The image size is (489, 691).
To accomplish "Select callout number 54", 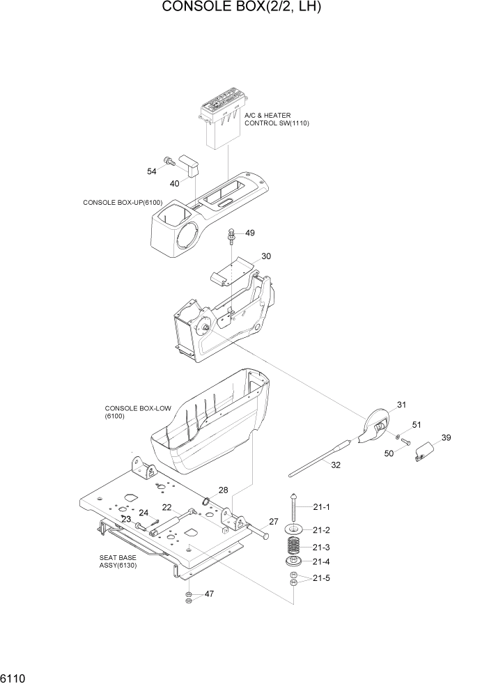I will (x=151, y=171).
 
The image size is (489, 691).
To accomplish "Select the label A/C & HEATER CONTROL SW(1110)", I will (x=276, y=119).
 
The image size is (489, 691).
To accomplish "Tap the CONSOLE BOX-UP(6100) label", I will (x=123, y=203).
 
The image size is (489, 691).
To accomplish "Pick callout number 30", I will (x=266, y=256).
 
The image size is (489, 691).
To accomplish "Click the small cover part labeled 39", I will (x=423, y=453).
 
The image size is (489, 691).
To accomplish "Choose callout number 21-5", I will (x=321, y=578).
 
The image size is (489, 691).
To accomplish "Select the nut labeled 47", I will (x=189, y=596).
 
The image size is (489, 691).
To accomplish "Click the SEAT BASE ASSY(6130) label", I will (x=118, y=562).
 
